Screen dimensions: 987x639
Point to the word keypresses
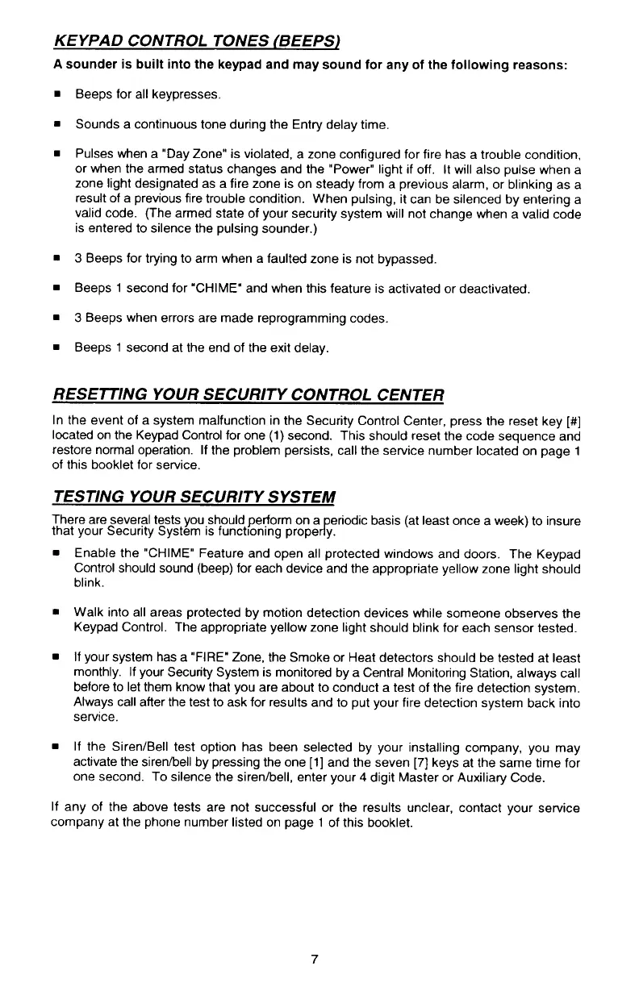click(x=185, y=95)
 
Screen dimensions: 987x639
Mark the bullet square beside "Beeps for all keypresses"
click(x=59, y=95)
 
